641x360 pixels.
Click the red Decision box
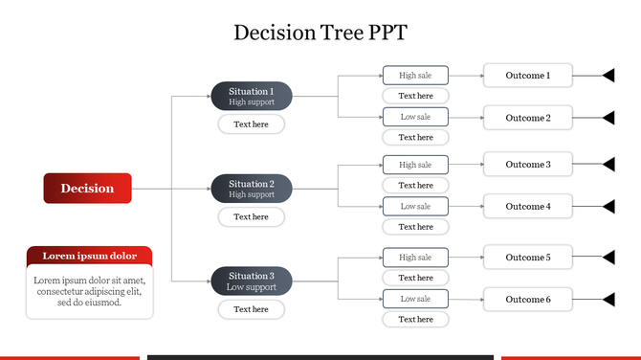tap(87, 189)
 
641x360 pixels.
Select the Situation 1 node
tap(251, 96)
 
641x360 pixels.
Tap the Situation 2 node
tap(251, 189)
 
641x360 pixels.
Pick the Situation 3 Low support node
tap(251, 281)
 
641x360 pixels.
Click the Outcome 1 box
tap(528, 76)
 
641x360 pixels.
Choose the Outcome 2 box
tap(528, 118)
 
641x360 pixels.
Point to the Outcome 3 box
tap(528, 165)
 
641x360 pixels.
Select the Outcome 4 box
tap(528, 206)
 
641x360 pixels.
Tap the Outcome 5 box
tap(528, 257)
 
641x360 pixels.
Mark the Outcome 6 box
tap(528, 299)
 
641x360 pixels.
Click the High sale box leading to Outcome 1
tap(415, 76)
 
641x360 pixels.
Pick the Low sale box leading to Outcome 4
tap(415, 206)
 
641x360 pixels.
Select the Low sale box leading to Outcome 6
tap(415, 299)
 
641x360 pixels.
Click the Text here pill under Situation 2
tap(251, 216)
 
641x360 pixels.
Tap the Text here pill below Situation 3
tap(251, 309)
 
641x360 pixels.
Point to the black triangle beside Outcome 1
tap(608, 76)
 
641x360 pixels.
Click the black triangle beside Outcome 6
tap(608, 299)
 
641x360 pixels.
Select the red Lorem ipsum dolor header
tap(89, 256)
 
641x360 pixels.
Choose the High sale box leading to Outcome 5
tap(415, 257)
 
